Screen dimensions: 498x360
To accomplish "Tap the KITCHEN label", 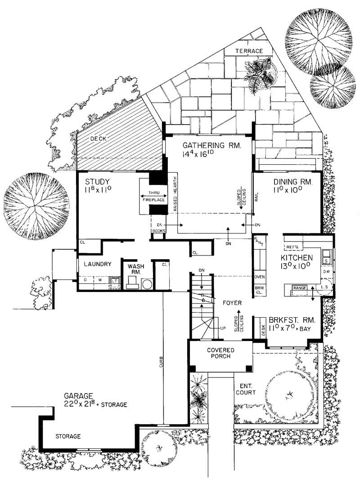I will point(297,258).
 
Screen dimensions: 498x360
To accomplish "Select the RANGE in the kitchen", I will point(300,287).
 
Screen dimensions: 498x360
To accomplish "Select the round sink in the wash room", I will point(147,284).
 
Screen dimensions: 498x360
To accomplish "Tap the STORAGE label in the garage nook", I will point(68,436).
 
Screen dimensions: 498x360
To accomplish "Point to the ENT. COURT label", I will point(246,389).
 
